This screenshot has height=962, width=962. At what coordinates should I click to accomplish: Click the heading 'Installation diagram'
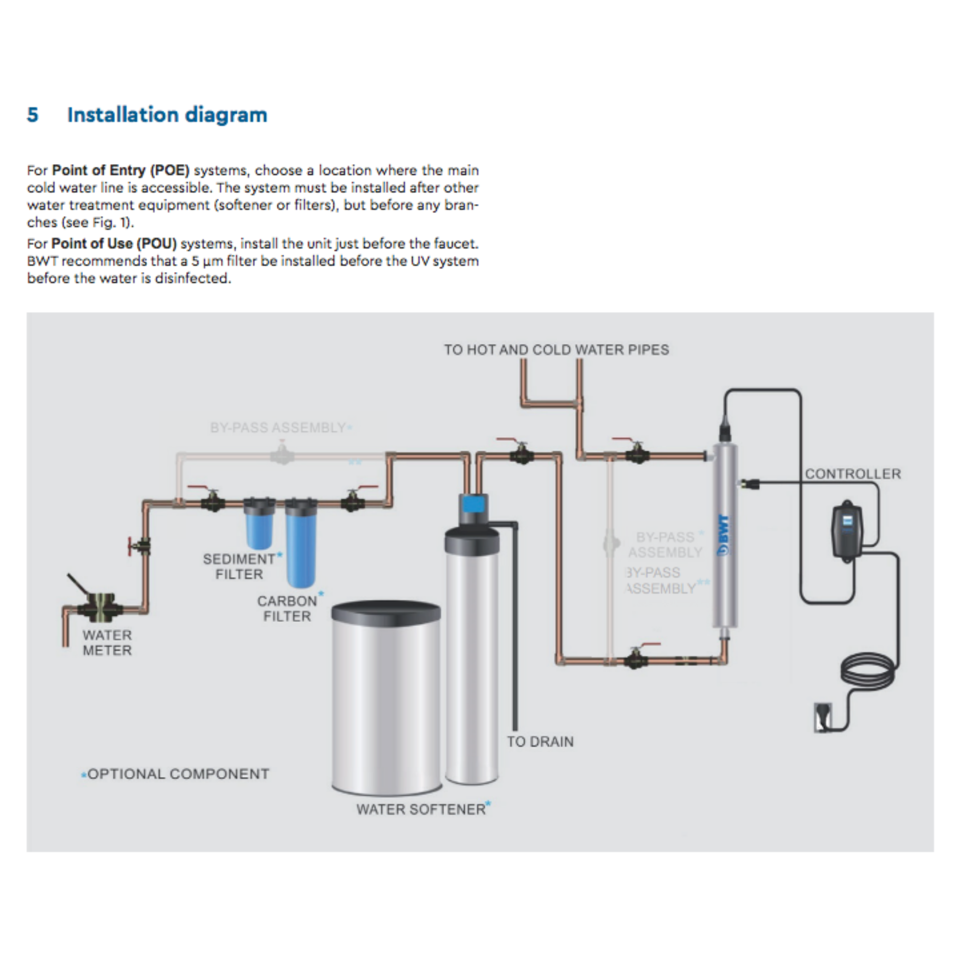167,115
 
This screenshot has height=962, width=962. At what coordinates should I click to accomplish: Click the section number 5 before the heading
32,115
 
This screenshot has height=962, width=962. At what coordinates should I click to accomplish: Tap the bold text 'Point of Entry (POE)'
121,171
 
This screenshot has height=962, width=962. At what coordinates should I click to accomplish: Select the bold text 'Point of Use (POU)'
114,243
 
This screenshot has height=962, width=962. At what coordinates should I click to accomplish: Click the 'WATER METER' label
107,643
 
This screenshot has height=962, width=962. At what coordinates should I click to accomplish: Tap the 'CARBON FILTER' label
287,608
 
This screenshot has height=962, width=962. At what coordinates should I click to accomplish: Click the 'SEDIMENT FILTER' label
240,566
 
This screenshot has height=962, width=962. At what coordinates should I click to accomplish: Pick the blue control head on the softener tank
473,504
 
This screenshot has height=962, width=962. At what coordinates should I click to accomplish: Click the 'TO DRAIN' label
540,742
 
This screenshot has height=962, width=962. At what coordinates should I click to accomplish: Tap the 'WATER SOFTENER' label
421,810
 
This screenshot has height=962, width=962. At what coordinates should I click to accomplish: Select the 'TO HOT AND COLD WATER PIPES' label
556,350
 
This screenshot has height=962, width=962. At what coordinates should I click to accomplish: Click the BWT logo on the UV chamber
724,535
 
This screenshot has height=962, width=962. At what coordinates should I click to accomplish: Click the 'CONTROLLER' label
853,474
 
